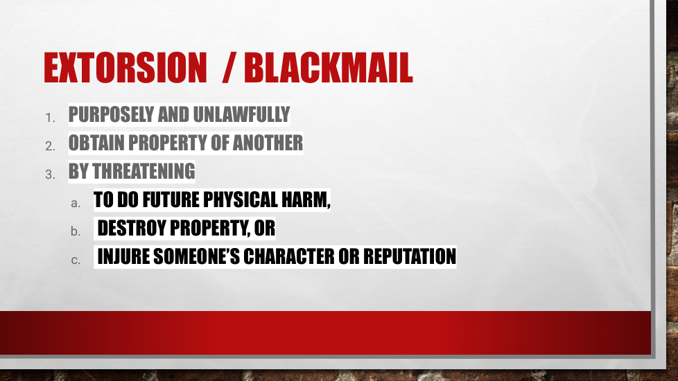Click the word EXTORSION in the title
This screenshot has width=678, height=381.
pyautogui.click(x=125, y=67)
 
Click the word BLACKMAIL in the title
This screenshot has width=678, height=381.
pyautogui.click(x=329, y=67)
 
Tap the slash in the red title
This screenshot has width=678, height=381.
pyautogui.click(x=229, y=67)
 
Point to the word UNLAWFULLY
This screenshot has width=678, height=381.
pyautogui.click(x=241, y=115)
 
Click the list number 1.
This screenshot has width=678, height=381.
pyautogui.click(x=50, y=118)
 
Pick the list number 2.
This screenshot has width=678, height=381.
pyautogui.click(x=50, y=146)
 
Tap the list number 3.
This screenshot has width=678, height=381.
pyautogui.click(x=50, y=175)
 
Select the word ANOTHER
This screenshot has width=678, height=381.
pyautogui.click(x=268, y=143)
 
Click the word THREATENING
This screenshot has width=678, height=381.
pyautogui.click(x=144, y=172)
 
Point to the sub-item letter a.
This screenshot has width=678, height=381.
pyautogui.click(x=76, y=204)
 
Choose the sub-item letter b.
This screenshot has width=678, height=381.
pyautogui.click(x=76, y=231)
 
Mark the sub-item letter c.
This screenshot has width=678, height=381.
pyautogui.click(x=76, y=260)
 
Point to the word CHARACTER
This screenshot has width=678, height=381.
pyautogui.click(x=289, y=256)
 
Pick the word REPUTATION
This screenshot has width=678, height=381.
pyautogui.click(x=410, y=256)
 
